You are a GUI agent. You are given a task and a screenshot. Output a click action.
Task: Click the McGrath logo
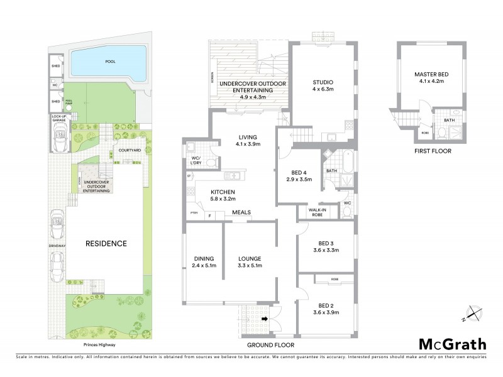452,344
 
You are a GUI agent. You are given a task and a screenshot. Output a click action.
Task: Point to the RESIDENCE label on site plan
107,243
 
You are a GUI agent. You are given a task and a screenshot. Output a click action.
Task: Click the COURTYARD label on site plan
130,151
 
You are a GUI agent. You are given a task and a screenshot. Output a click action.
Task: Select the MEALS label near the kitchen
241,212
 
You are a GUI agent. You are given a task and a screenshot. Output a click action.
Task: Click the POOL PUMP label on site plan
69,102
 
